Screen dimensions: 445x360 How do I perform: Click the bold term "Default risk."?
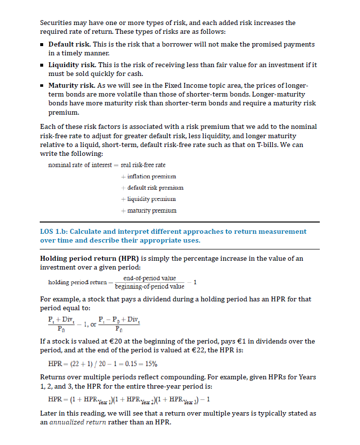[x=69, y=45]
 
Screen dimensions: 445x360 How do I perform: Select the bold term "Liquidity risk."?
[x=72, y=65]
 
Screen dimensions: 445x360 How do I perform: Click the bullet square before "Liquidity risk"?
[x=43, y=65]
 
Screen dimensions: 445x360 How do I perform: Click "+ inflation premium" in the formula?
[x=148, y=176]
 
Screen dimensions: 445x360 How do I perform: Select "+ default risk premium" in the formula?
[x=152, y=187]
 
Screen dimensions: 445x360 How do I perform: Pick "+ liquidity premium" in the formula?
[x=148, y=198]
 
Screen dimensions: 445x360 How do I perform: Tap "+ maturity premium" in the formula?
[x=149, y=210]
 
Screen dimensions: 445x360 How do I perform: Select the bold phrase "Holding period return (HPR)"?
[x=88, y=258]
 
